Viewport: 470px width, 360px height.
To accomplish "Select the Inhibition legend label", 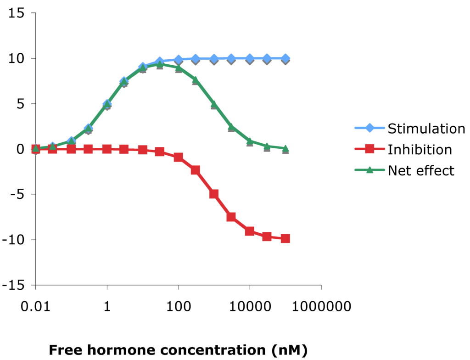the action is (420, 150).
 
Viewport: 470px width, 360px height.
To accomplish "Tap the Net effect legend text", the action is (421, 171).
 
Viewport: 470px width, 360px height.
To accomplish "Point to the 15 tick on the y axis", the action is (16, 13).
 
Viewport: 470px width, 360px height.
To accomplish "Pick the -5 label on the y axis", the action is (17, 194).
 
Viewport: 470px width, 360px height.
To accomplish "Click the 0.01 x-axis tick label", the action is (35, 307).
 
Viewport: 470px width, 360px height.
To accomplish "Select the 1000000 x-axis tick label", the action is (321, 307).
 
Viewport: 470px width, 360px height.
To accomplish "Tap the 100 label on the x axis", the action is (179, 307).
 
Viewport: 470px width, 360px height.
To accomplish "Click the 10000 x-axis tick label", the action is (250, 307).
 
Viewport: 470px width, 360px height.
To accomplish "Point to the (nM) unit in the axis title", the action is (290, 350).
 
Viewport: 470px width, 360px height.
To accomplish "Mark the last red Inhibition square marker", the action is (285, 238).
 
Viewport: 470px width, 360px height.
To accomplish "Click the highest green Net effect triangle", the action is (160, 64).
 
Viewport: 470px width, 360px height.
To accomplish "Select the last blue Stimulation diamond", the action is (285, 58).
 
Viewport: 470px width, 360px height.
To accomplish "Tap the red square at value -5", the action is (214, 194).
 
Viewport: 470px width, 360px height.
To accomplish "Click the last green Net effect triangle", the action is (285, 148).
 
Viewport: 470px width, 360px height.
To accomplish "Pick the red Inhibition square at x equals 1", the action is (107, 149).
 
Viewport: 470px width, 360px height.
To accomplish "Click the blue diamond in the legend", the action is (369, 128).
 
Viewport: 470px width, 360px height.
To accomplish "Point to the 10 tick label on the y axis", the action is (16, 58).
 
